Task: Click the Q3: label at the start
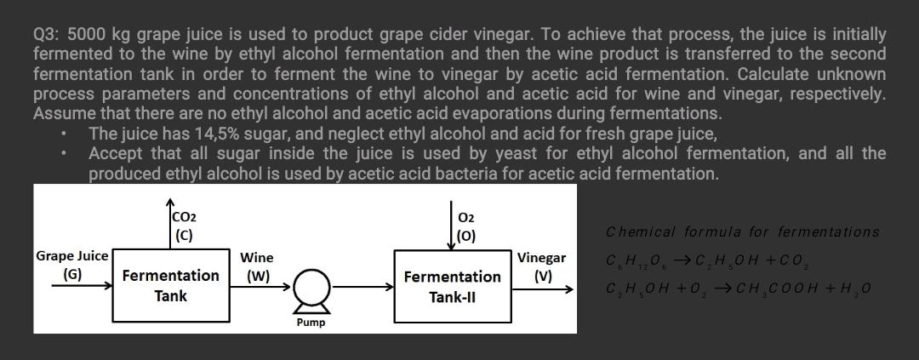pyautogui.click(x=46, y=36)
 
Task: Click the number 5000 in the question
pyautogui.click(x=86, y=36)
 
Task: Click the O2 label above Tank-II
pyautogui.click(x=465, y=218)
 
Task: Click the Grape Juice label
pyautogui.click(x=71, y=256)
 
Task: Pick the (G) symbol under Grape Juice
pyautogui.click(x=72, y=274)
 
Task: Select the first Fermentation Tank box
pyautogui.click(x=170, y=286)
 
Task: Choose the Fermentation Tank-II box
pyautogui.click(x=452, y=287)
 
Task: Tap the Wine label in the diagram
pyautogui.click(x=257, y=257)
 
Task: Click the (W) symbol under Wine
pyautogui.click(x=257, y=276)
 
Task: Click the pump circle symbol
pyautogui.click(x=310, y=294)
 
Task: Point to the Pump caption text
pyautogui.click(x=310, y=323)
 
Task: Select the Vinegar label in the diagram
pyautogui.click(x=541, y=258)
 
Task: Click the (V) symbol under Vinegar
pyautogui.click(x=542, y=276)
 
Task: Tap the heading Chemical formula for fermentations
pyautogui.click(x=743, y=232)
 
